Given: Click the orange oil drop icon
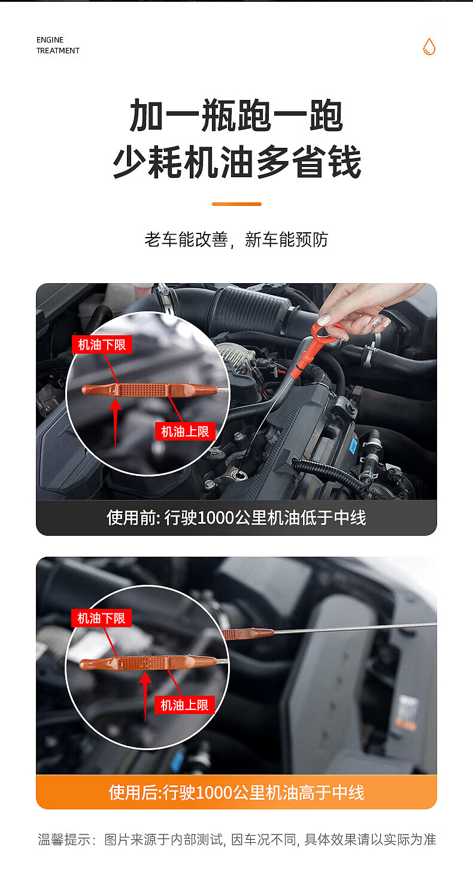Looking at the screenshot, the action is coord(429,46).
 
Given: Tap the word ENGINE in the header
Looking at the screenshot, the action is coord(50,40).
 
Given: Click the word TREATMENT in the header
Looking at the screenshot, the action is coord(58,50).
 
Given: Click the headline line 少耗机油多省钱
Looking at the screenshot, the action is coord(237,162).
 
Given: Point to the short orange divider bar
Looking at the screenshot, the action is coord(236,204).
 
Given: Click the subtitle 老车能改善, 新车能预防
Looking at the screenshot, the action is coord(236,239).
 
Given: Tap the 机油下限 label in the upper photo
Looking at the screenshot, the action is coord(102,345).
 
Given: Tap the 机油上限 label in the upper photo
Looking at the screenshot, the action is coord(185,431).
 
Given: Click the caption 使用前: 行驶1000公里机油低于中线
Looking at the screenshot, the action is coord(236,518).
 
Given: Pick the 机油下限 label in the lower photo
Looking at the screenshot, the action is coord(101,618).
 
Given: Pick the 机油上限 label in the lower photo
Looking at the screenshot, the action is coord(185,705).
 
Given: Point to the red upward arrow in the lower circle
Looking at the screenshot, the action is coord(145,697).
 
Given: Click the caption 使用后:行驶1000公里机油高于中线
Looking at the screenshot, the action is coord(236,793).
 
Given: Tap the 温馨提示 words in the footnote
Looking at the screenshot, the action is coord(64,839).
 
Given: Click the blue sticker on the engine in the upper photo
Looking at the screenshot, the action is coord(353,446).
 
